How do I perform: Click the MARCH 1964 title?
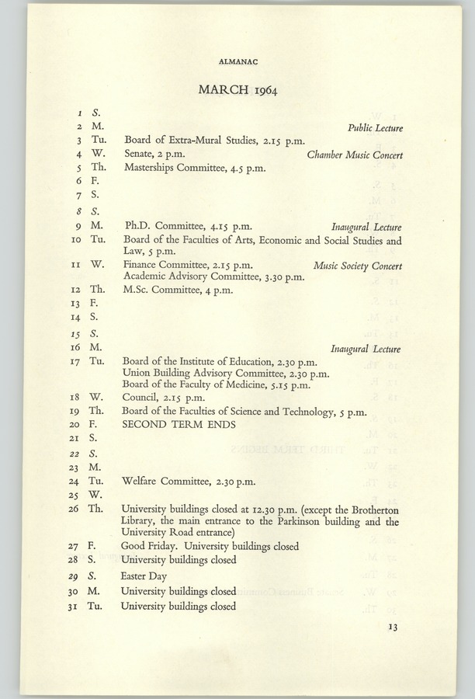tap(237, 89)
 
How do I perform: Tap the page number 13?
tap(393, 628)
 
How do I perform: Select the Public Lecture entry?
tap(375, 127)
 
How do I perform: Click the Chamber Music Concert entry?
tap(355, 155)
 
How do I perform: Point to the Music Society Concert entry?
tap(358, 265)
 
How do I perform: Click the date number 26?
tap(75, 509)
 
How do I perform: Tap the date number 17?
tap(75, 361)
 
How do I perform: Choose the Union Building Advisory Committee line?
tap(226, 373)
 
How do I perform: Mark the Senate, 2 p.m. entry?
tap(154, 155)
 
